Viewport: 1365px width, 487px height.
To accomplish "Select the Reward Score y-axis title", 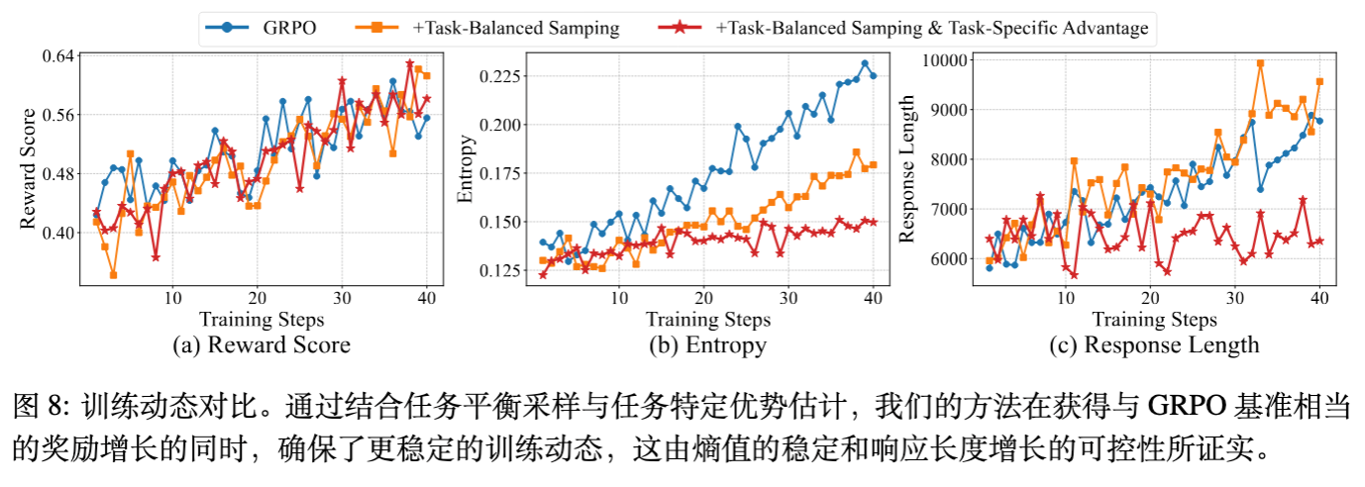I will [x=29, y=169].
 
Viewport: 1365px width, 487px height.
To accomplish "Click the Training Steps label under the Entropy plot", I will [x=707, y=319].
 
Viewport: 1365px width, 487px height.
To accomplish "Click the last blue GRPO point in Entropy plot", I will [x=873, y=75].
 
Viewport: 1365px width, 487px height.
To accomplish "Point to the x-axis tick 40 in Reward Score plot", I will [x=427, y=298].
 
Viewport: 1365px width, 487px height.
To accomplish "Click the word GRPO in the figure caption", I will [x=1185, y=407].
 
